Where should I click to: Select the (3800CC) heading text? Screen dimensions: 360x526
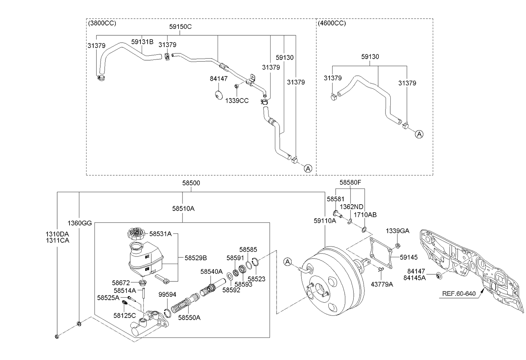coord(102,23)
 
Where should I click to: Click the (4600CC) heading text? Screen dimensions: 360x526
coord(332,23)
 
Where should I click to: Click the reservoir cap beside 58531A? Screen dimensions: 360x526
coord(137,234)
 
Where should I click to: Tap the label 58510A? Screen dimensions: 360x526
coord(183,208)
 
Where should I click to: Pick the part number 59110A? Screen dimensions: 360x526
coord(325,220)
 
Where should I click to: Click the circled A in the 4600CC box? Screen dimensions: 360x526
coord(419,134)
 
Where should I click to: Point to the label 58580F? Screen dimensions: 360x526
coord(350,183)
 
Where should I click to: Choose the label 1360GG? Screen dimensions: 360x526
coord(80,223)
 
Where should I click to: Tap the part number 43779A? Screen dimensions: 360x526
coord(382,284)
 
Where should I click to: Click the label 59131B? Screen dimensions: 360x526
coord(142,42)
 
